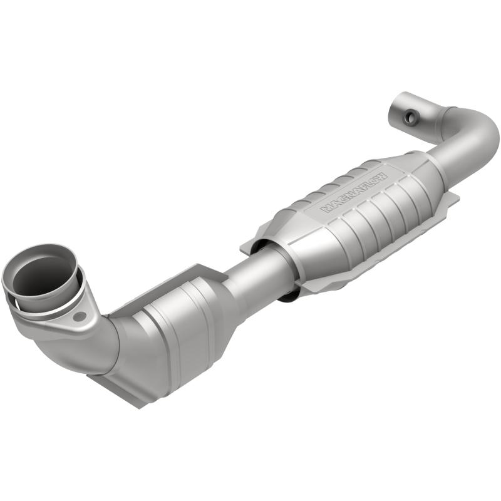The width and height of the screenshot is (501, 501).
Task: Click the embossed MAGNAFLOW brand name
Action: pyautogui.click(x=355, y=190)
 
